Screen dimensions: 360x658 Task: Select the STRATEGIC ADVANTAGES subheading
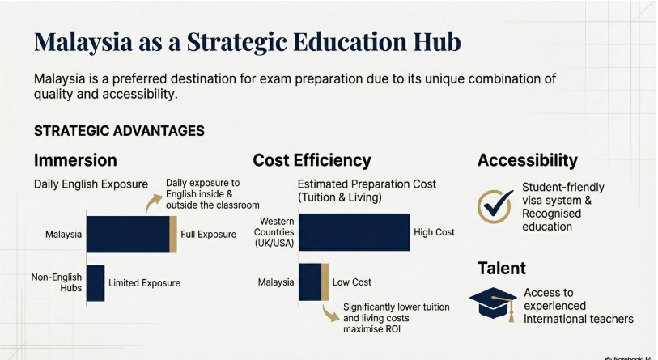pos(119,130)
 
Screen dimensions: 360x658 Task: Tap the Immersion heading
pos(75,159)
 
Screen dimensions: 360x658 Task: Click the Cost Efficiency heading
pos(312,160)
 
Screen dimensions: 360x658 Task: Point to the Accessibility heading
pos(527,160)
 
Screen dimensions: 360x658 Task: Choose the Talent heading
pos(501,268)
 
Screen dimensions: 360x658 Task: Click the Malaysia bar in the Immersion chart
pos(130,234)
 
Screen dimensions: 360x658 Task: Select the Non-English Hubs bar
pos(96,283)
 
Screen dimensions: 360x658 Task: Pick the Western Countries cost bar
pos(354,232)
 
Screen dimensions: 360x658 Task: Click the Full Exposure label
pos(208,235)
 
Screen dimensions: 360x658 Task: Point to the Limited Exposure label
pos(144,283)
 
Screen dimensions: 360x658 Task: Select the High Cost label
pos(434,232)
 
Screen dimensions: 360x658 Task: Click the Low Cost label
pos(352,282)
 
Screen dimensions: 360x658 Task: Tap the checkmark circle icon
pos(494,206)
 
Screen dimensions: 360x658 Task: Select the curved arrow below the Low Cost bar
pos(329,314)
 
